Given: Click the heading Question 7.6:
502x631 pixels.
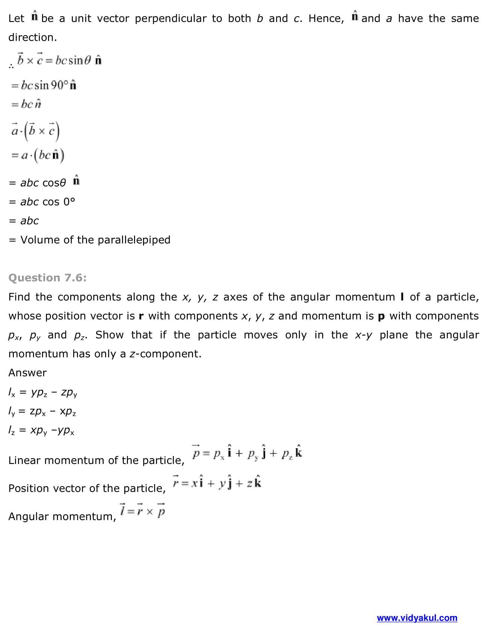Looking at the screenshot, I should click(47, 278).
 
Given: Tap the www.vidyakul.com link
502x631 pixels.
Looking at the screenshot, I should click(417, 618).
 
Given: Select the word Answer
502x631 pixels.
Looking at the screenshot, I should click(27, 373).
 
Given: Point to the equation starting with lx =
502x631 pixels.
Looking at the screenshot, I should click(43, 393).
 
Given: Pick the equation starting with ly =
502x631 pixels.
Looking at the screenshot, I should click(42, 411).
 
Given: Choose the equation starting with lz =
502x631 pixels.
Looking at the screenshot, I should click(41, 431).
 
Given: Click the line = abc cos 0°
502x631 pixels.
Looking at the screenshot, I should click(42, 202).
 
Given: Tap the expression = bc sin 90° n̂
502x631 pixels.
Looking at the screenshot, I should click(44, 85).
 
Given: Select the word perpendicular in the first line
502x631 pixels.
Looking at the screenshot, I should click(170, 18).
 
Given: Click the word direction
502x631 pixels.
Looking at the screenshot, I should click(32, 38).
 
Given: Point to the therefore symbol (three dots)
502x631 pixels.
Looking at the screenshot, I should click(11, 67).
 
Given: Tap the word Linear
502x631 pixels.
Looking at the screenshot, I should click(25, 460).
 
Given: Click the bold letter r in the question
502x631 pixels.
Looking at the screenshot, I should click(141, 316).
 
